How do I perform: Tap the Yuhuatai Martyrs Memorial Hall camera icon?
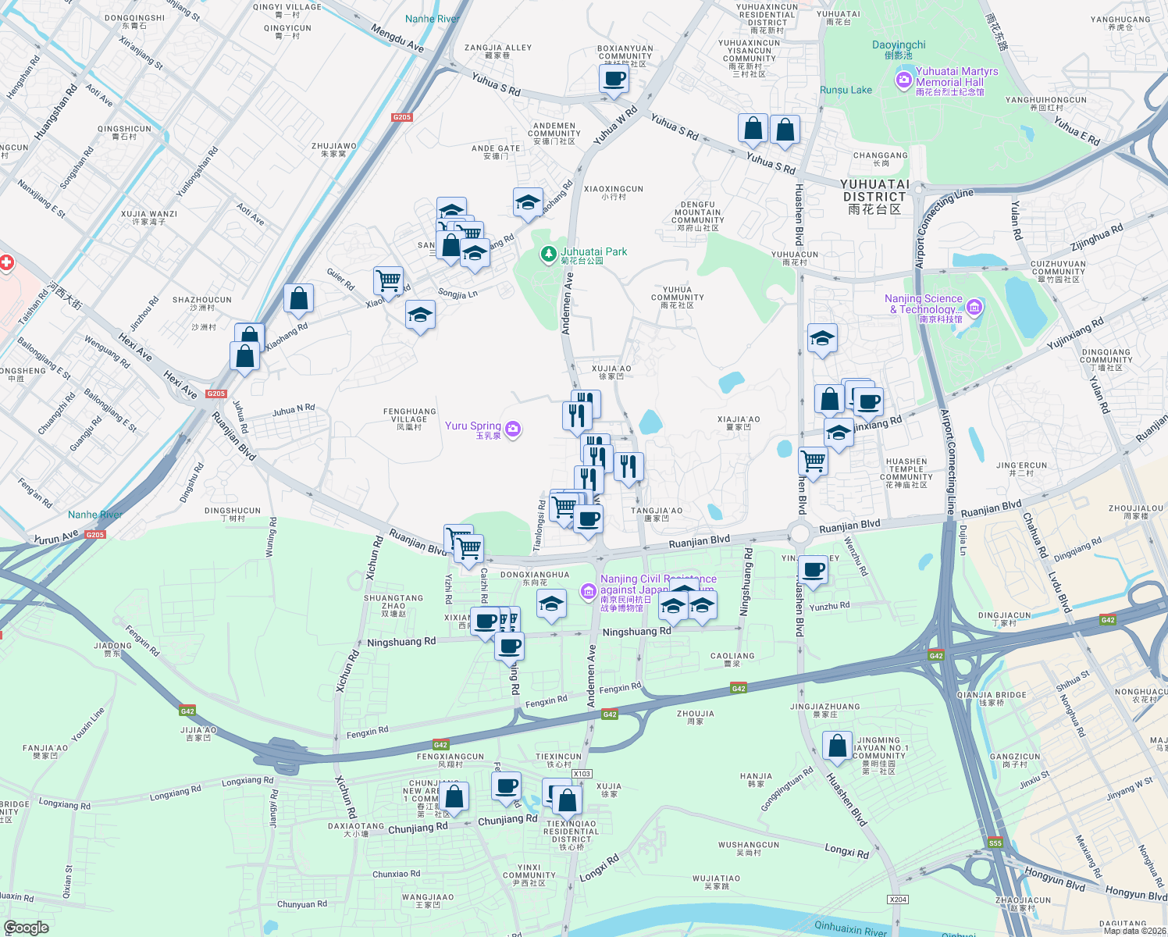click(904, 79)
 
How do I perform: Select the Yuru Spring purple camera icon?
click(512, 428)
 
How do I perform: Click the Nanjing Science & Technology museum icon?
click(974, 307)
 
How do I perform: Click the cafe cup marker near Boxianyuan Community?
click(614, 79)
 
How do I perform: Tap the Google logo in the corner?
click(27, 927)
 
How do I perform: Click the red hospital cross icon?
click(6, 262)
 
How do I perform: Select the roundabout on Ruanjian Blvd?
click(801, 535)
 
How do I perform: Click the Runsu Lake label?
click(846, 90)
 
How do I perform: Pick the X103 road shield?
click(582, 774)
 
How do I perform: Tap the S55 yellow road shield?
click(995, 843)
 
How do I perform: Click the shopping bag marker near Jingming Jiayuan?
click(837, 746)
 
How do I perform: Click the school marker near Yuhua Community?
click(821, 339)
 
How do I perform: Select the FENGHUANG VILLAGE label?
click(410, 415)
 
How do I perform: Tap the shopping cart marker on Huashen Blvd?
click(813, 461)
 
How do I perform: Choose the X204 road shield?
click(898, 900)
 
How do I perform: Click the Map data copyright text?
click(1134, 930)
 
